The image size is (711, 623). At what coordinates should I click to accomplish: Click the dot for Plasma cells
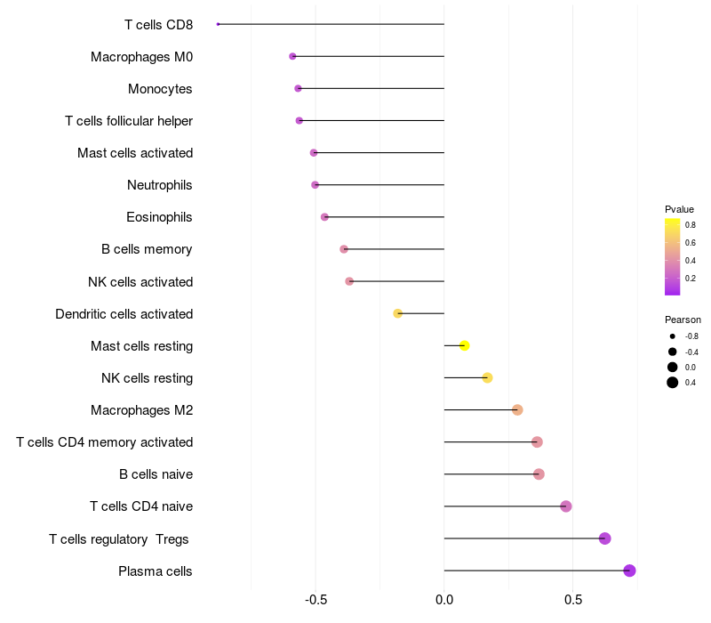629,570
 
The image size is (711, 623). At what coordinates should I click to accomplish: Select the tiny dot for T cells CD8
219,24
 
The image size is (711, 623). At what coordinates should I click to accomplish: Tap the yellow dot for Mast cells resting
464,345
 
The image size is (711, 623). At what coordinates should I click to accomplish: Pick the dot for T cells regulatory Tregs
604,538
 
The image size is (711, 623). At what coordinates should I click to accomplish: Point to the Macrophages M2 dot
517,409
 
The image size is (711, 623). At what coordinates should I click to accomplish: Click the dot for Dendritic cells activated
398,313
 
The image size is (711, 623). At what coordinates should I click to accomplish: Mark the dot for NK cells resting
487,377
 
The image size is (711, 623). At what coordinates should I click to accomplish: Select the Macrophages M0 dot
292,56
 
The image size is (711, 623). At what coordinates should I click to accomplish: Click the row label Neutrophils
160,185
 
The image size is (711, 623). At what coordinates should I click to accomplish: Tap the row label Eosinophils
160,217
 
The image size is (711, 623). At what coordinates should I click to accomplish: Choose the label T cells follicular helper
129,121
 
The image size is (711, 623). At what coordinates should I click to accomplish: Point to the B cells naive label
156,474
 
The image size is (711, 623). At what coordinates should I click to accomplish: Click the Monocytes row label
160,89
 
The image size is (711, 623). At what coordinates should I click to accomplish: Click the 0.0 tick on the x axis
444,600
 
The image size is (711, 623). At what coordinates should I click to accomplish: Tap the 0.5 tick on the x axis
573,600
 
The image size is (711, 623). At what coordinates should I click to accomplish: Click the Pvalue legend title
679,209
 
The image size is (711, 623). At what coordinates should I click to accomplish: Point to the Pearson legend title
683,320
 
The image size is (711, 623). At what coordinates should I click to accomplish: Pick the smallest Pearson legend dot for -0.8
673,336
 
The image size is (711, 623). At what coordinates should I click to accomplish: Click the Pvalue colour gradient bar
673,256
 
